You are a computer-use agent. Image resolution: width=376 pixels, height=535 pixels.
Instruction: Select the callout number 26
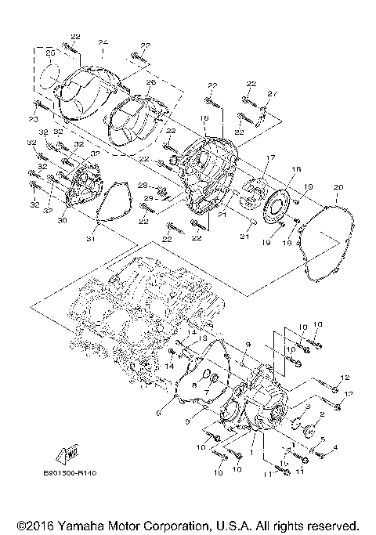point(150,81)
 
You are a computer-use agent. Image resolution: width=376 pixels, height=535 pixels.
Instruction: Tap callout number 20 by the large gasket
point(338,187)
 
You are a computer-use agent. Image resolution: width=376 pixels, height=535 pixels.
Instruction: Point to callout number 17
point(269,157)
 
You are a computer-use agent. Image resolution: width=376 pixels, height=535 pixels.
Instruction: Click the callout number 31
point(90,239)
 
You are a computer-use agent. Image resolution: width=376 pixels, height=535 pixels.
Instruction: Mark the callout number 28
point(143,186)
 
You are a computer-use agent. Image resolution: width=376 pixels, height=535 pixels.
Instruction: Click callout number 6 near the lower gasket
point(159,411)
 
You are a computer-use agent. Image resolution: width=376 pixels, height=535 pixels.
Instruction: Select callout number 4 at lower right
point(334,447)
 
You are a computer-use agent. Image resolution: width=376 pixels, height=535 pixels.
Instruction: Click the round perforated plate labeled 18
point(275,209)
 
